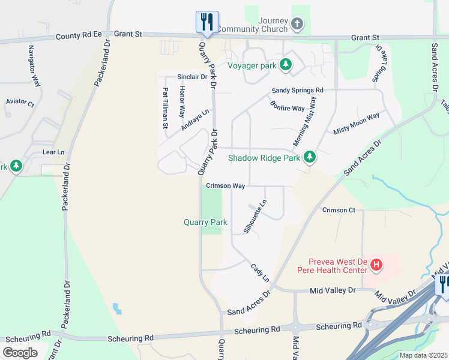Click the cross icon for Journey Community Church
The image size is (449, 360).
296,25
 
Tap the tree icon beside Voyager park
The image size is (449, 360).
286,64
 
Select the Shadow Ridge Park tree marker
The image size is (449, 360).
310,158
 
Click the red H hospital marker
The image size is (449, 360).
376,264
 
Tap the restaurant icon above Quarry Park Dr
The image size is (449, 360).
205,22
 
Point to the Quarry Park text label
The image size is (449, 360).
205,222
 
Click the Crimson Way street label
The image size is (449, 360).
225,186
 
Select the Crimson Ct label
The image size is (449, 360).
339,210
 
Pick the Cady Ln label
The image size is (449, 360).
259,273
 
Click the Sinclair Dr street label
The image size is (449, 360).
192,77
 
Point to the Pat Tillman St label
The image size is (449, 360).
165,109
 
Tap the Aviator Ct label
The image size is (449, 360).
20,102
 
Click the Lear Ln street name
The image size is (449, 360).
53,152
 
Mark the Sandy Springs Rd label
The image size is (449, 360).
297,90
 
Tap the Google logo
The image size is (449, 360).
20,352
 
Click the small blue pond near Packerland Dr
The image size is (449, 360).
116,309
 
